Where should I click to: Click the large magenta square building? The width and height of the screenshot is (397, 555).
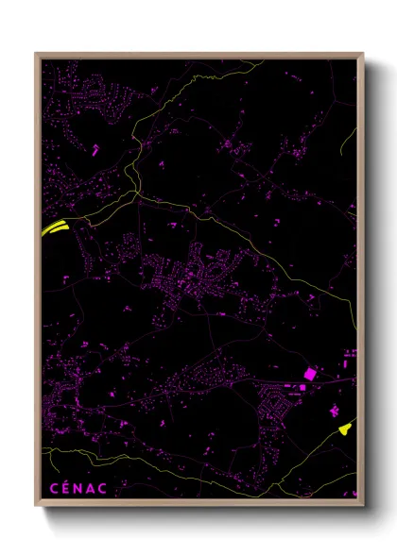[x=308, y=374]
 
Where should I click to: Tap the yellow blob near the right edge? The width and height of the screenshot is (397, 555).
[x=345, y=429]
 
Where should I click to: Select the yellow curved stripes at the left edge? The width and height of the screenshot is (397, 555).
[x=53, y=227]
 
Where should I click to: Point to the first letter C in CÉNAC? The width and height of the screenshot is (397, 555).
[x=51, y=488]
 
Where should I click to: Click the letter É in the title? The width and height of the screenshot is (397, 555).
[x=65, y=487]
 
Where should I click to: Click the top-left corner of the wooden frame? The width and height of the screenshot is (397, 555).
[x=37, y=54]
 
